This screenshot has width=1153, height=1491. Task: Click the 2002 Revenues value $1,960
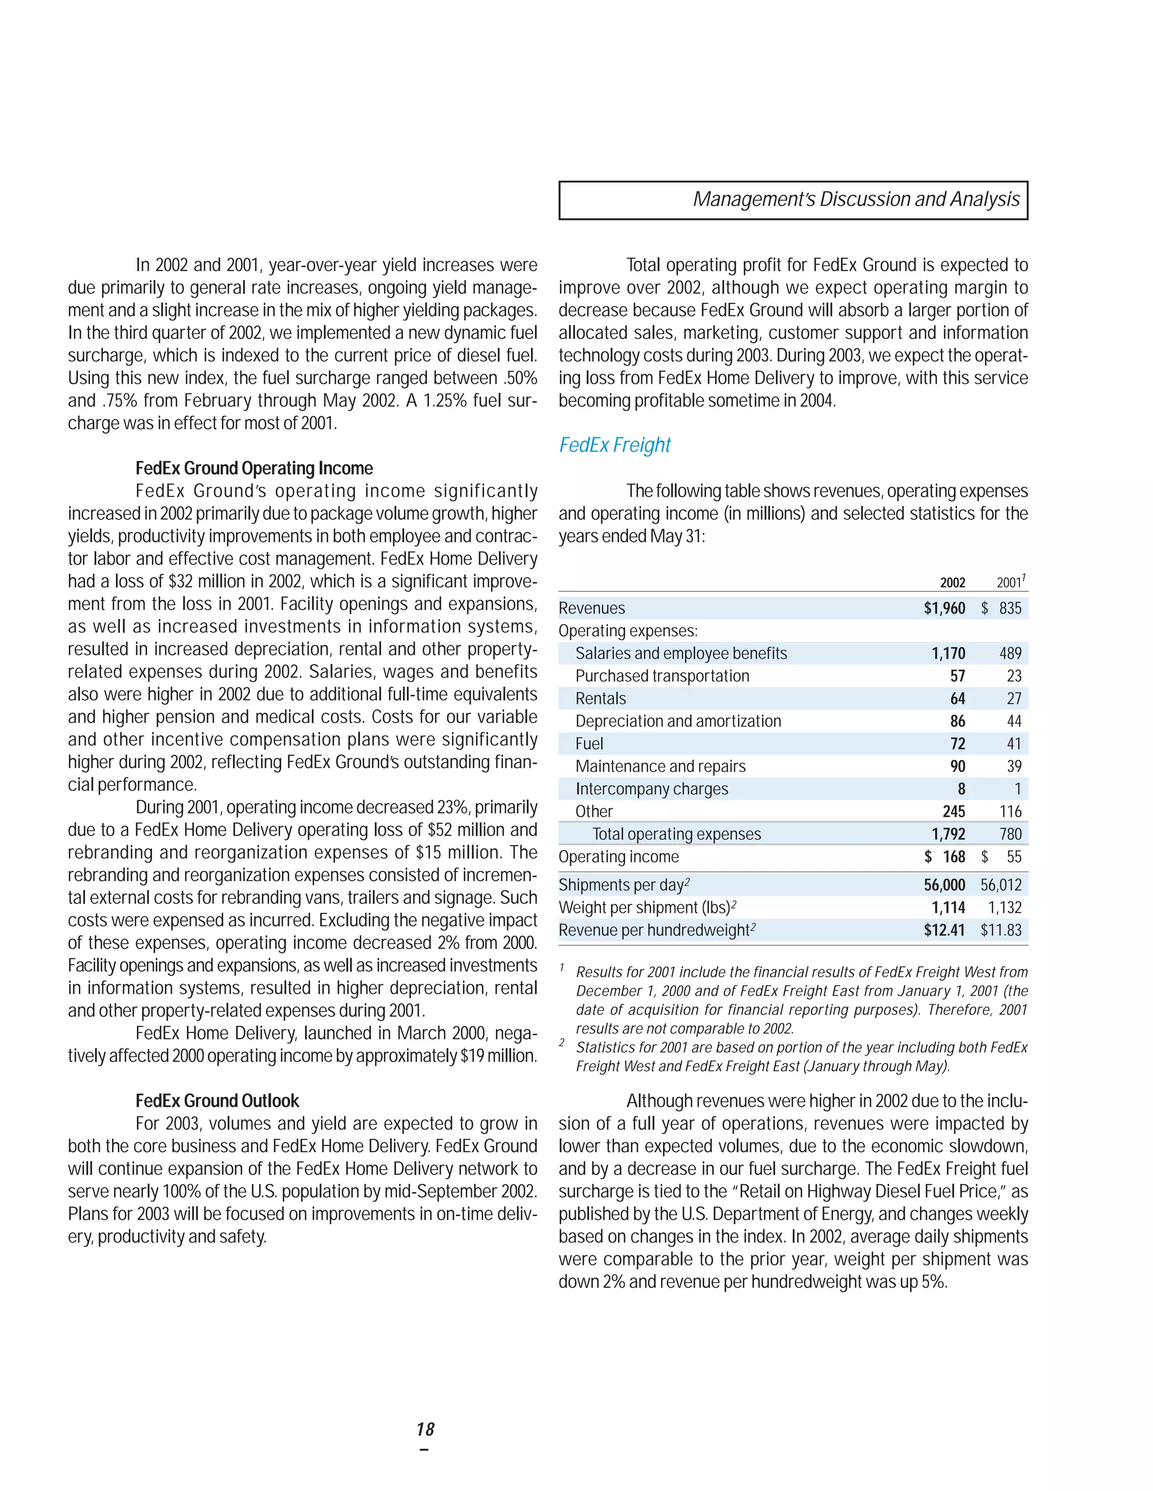[944, 608]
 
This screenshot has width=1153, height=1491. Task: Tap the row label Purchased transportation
[662, 676]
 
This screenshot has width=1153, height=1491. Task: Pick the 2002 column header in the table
[952, 582]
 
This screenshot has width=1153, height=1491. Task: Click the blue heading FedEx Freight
[614, 445]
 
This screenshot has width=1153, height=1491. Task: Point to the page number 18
[425, 1429]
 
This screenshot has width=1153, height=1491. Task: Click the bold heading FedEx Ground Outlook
[217, 1101]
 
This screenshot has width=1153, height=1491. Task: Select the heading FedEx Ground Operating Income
[254, 468]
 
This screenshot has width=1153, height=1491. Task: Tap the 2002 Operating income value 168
[954, 857]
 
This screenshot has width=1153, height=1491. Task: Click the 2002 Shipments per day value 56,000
[944, 885]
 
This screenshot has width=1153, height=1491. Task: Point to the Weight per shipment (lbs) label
[647, 908]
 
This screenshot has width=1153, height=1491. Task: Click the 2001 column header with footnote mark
[1009, 582]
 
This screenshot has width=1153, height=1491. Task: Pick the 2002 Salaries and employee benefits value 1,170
[948, 653]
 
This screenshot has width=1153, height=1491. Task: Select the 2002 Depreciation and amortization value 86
[958, 721]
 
